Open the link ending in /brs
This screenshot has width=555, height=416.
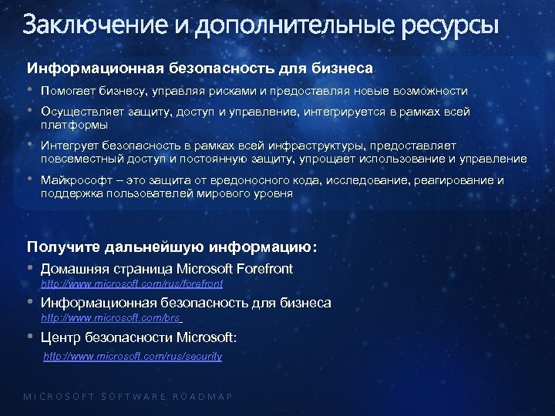[111, 317]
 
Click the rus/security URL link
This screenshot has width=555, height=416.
[133, 357]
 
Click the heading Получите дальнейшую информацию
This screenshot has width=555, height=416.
[172, 247]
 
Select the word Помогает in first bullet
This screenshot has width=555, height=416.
[70, 91]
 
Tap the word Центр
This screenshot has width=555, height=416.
[60, 337]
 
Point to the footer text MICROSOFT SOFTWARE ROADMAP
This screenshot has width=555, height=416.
[128, 397]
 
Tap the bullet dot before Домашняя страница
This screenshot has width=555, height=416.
[31, 268]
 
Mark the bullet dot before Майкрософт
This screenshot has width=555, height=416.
[31, 179]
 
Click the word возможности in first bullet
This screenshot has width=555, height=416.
[430, 91]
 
